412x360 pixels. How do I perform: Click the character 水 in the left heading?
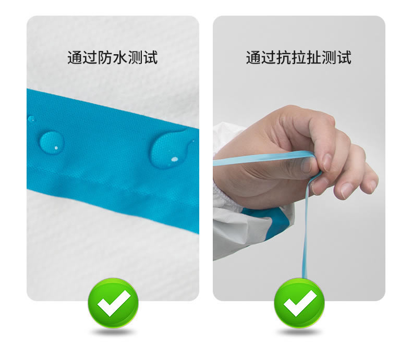click(x=120, y=57)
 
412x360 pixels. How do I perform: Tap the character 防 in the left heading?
click(x=105, y=57)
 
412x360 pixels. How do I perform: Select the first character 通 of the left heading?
click(x=75, y=57)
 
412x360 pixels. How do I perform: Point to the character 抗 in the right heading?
click(x=284, y=57)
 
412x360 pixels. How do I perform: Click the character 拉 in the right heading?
click(x=299, y=57)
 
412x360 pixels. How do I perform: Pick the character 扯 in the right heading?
click(x=314, y=57)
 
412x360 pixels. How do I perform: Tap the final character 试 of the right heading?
click(x=344, y=57)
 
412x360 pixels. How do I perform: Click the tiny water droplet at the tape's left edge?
click(x=31, y=119)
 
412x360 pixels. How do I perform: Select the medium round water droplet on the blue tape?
click(x=52, y=142)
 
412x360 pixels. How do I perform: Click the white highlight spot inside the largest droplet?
click(x=175, y=159)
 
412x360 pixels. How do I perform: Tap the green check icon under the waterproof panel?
click(x=113, y=303)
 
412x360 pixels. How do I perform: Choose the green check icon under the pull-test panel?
click(x=299, y=303)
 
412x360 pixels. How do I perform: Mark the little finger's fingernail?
click(x=372, y=185)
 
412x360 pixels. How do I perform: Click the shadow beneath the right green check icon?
click(x=299, y=332)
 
